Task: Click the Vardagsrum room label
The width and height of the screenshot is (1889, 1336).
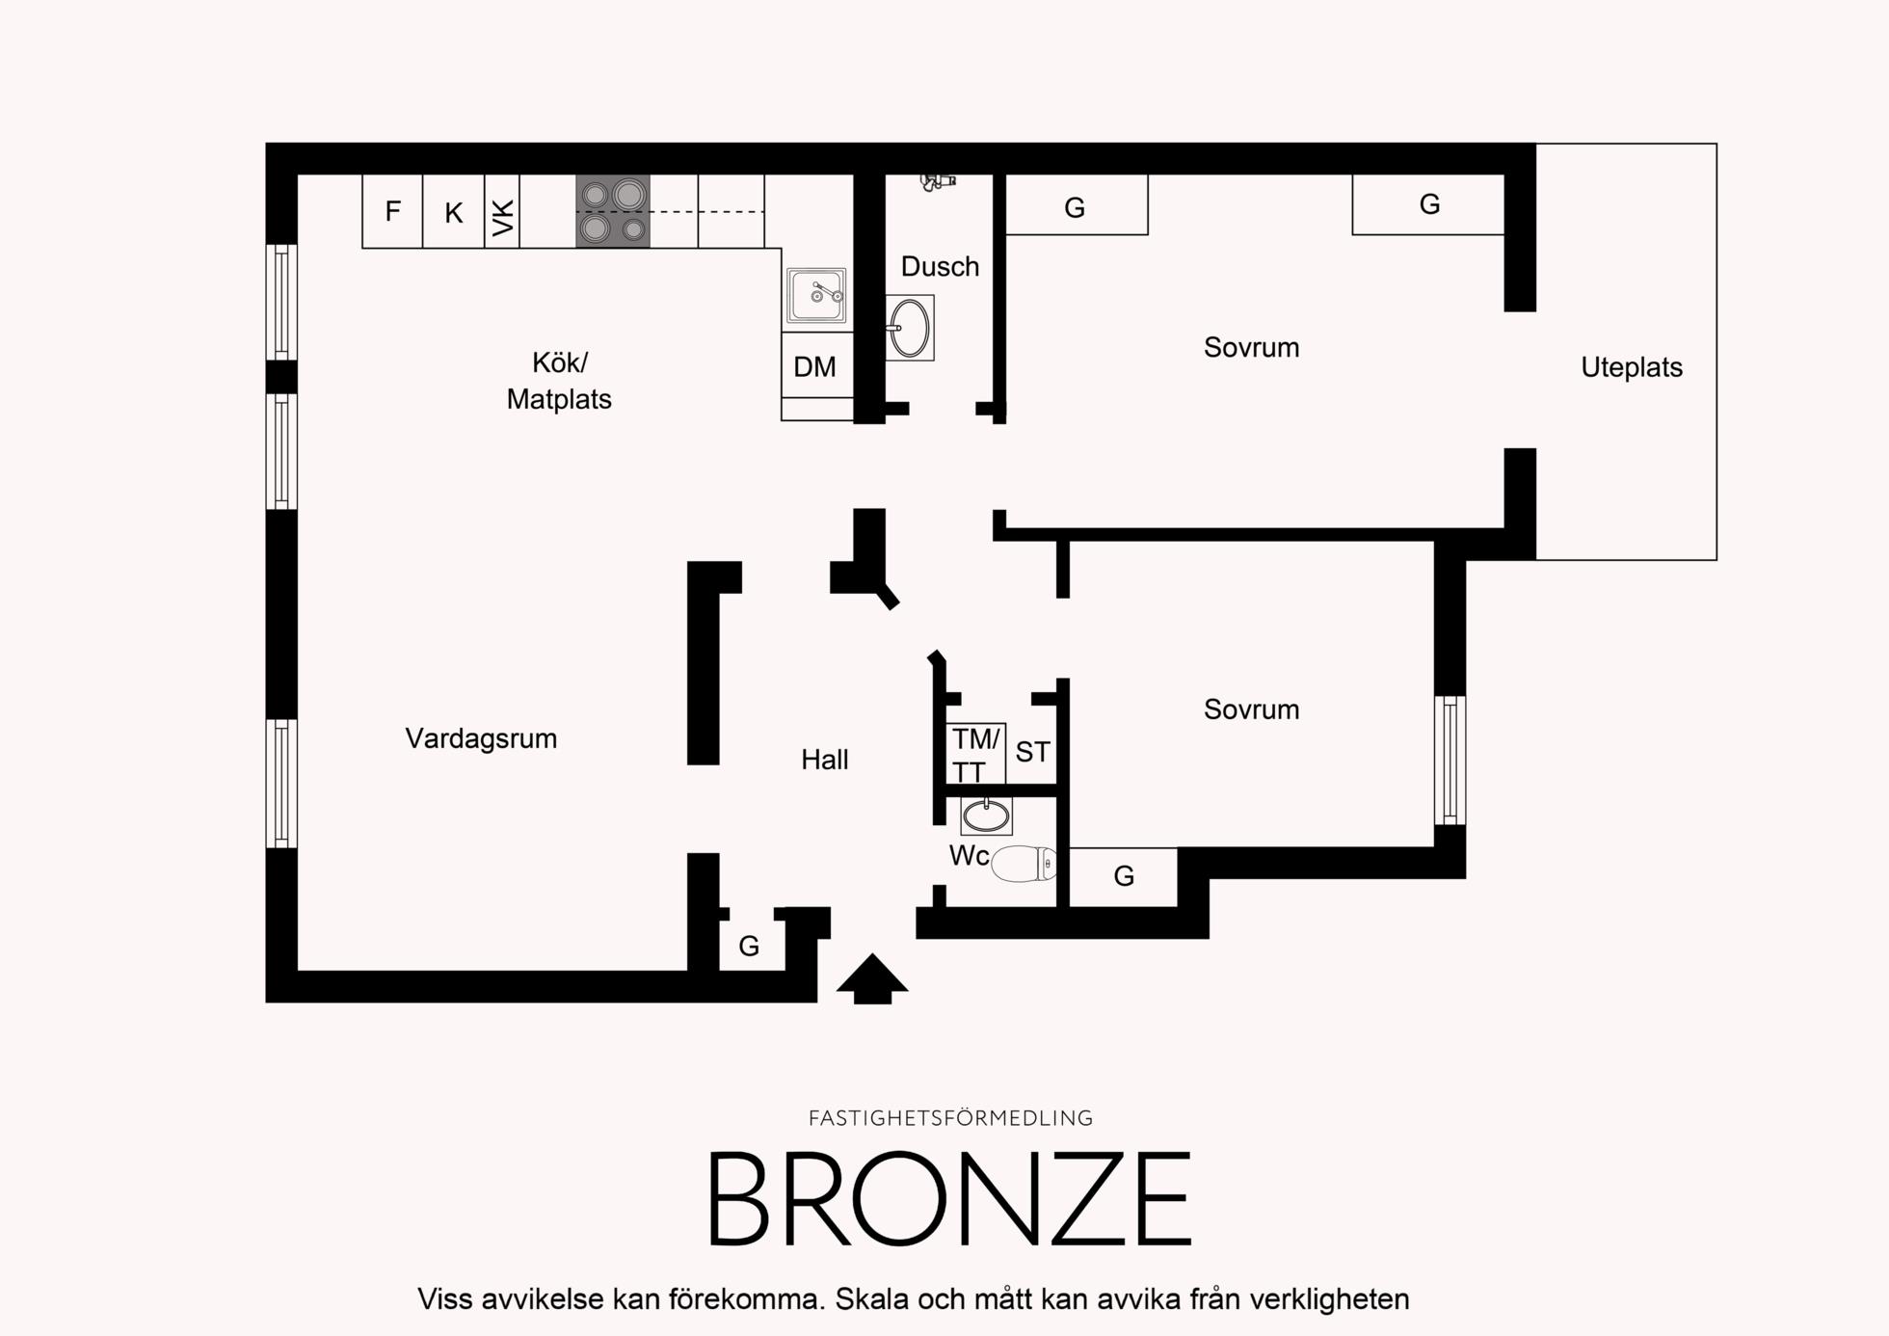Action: [x=481, y=739]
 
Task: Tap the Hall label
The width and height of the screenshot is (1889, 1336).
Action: [x=825, y=760]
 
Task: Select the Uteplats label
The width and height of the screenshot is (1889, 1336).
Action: [x=1632, y=367]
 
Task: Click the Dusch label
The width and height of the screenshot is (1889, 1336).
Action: [x=940, y=266]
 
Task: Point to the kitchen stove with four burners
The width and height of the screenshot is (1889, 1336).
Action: [x=613, y=211]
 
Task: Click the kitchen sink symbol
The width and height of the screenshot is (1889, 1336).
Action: [x=816, y=295]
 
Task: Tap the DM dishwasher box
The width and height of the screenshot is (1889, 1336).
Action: [x=816, y=365]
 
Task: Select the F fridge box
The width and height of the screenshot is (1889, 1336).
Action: [x=392, y=211]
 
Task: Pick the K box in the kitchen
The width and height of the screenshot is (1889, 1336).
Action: [x=454, y=211]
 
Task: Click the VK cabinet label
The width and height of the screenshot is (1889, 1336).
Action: [x=503, y=218]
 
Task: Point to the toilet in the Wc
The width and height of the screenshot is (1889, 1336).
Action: [x=1024, y=864]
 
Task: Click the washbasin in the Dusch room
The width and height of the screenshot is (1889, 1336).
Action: [x=909, y=328]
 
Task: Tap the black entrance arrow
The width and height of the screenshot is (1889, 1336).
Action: [x=872, y=978]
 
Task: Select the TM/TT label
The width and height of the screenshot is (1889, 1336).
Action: [x=976, y=755]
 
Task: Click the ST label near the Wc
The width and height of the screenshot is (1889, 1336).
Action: [x=1032, y=752]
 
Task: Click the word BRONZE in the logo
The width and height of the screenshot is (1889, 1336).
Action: [x=950, y=1199]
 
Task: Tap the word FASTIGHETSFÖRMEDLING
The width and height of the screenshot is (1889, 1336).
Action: [x=950, y=1118]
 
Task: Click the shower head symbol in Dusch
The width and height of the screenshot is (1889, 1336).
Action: [x=937, y=180]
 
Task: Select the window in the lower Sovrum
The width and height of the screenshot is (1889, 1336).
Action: [x=1450, y=761]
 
